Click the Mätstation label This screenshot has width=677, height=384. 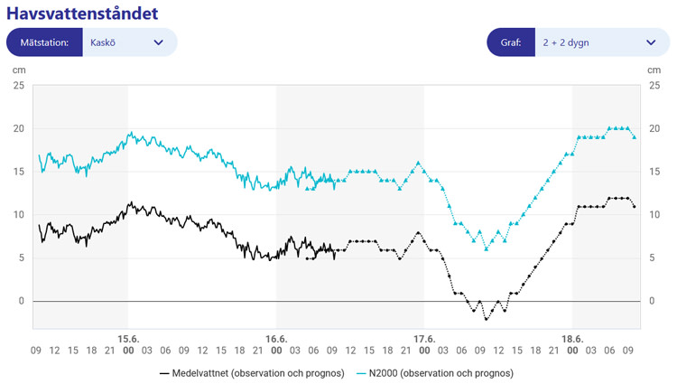point(44,42)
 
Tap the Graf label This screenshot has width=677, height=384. point(510,42)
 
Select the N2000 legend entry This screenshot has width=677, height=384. point(435,372)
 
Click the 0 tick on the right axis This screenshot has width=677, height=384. point(655,301)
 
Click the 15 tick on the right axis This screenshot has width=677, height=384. point(655,172)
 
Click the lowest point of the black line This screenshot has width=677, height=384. point(487,319)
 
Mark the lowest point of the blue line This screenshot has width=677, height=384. point(487,248)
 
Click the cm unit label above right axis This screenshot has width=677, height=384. point(654,70)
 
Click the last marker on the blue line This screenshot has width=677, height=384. point(635,137)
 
